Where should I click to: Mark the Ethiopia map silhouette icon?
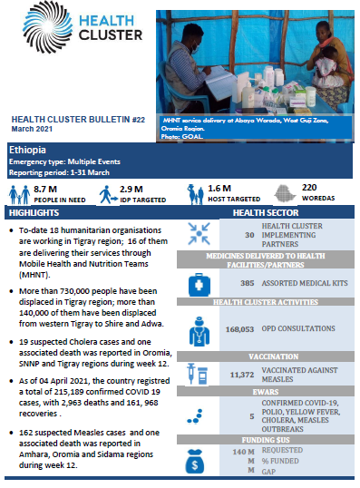tap(283, 192)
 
